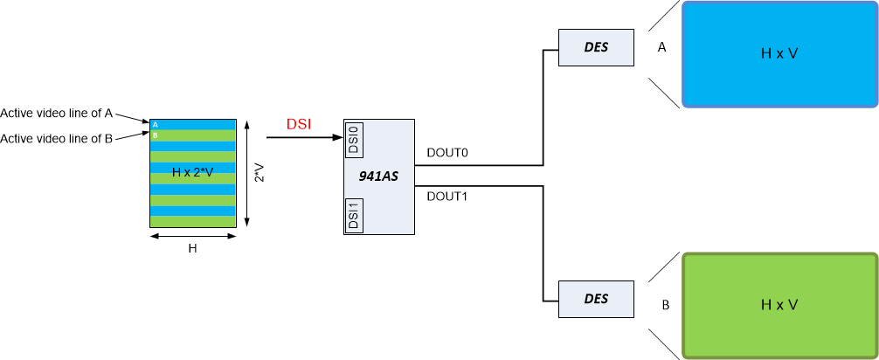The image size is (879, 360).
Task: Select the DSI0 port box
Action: point(354,140)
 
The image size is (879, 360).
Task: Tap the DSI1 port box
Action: point(354,215)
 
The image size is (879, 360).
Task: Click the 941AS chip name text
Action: point(378,177)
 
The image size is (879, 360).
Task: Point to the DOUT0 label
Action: point(447,153)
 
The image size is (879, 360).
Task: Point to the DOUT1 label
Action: point(447,197)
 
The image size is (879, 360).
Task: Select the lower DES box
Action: point(596,300)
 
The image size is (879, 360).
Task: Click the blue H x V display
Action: point(779,54)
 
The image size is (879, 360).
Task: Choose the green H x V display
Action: point(779,305)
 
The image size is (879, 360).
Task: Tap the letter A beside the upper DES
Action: point(661,48)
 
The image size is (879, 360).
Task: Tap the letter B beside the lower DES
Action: point(665,306)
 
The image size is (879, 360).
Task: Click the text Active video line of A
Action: point(57,113)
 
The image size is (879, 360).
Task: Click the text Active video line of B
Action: point(57,138)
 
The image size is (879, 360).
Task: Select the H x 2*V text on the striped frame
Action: point(193,173)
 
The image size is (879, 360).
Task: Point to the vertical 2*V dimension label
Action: point(259,173)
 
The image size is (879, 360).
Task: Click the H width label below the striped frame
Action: point(193,249)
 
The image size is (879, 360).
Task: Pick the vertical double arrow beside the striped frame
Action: point(248,173)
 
